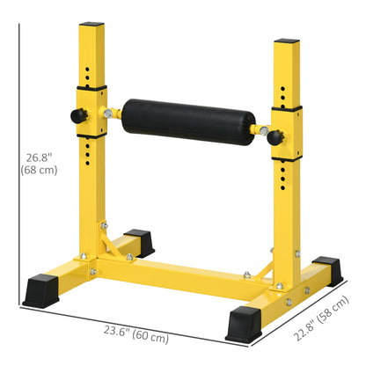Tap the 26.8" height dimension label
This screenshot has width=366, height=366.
click(41, 164)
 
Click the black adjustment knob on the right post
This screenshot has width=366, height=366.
click(274, 136)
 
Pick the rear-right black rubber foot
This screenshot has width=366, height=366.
click(326, 267)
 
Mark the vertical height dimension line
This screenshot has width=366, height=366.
click(18, 163)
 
